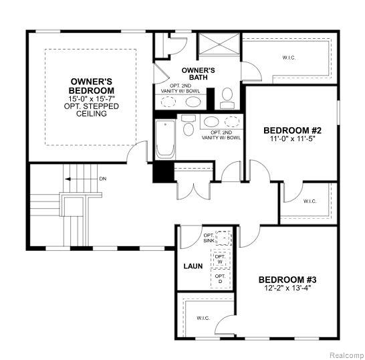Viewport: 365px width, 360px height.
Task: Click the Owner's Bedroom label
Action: point(92,86)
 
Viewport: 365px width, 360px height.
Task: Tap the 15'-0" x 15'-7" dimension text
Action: point(92,98)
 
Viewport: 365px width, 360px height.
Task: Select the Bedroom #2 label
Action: point(292,130)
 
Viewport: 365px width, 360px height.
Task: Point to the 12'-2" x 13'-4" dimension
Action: point(287,288)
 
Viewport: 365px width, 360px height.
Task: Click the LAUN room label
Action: point(193,266)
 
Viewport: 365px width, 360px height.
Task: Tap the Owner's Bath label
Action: point(198,74)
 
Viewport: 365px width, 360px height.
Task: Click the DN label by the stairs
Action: point(103,179)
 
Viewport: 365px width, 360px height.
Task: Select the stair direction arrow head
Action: point(68,179)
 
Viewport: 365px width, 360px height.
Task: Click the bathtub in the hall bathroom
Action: point(165,140)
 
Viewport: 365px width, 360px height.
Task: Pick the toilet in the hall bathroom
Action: point(189,125)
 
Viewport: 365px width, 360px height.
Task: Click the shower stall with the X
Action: point(219,44)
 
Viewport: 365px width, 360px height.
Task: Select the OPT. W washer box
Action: point(220,259)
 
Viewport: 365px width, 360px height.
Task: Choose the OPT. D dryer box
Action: point(220,278)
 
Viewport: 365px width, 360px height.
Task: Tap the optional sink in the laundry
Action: point(224,238)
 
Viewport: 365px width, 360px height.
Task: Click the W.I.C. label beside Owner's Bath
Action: point(289,58)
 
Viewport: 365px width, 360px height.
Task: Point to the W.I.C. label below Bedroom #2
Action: point(310,201)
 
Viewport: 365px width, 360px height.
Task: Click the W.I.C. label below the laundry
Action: point(203,318)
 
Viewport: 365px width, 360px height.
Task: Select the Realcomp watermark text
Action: point(347,355)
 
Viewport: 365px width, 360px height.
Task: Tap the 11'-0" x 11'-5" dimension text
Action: point(292,139)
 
